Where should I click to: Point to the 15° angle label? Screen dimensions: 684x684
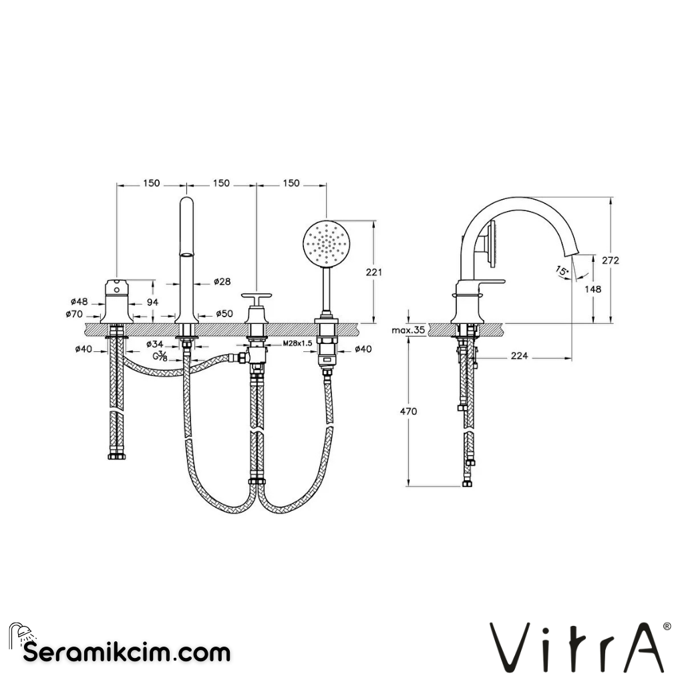point(562,270)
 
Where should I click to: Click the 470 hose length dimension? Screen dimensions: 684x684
point(408,411)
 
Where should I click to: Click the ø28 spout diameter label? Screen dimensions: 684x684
point(222,282)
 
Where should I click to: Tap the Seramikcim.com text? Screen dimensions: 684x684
point(127,651)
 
